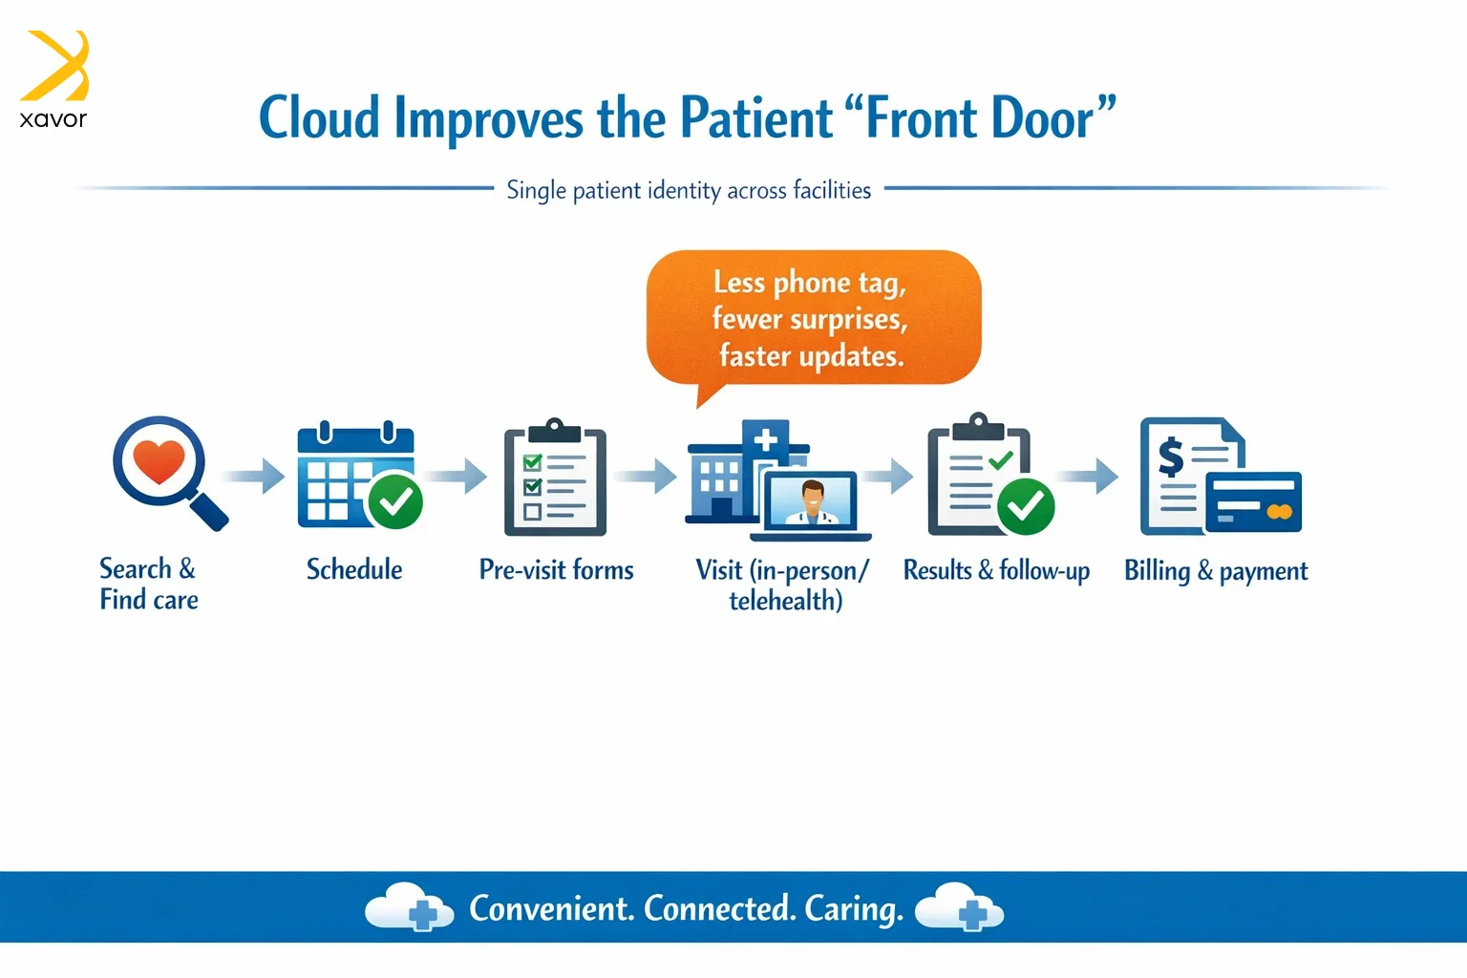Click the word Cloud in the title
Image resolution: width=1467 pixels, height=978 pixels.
click(x=320, y=117)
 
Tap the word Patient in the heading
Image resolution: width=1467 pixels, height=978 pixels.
click(x=756, y=117)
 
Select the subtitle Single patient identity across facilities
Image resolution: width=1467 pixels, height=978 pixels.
click(x=689, y=190)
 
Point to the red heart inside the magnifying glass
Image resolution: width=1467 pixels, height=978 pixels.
click(x=159, y=461)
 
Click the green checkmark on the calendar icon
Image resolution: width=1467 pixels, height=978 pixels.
click(x=394, y=501)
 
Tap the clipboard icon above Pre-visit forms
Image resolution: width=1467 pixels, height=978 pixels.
click(x=555, y=477)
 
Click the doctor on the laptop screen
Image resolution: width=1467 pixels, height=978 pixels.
click(x=812, y=502)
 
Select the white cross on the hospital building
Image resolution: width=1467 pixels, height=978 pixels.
click(x=766, y=440)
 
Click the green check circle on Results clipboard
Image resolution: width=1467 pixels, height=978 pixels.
click(x=1026, y=506)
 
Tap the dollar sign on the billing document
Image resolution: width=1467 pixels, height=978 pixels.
click(x=1171, y=457)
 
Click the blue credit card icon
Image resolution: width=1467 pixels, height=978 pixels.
click(x=1253, y=501)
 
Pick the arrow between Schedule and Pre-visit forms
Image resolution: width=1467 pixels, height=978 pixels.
click(x=457, y=476)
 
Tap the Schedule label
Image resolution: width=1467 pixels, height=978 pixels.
click(x=354, y=569)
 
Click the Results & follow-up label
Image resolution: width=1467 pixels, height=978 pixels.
click(x=996, y=570)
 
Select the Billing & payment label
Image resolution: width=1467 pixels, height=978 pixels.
click(x=1216, y=571)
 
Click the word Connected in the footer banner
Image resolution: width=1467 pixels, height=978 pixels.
click(x=720, y=908)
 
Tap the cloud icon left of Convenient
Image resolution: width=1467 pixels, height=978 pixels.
click(x=409, y=906)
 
